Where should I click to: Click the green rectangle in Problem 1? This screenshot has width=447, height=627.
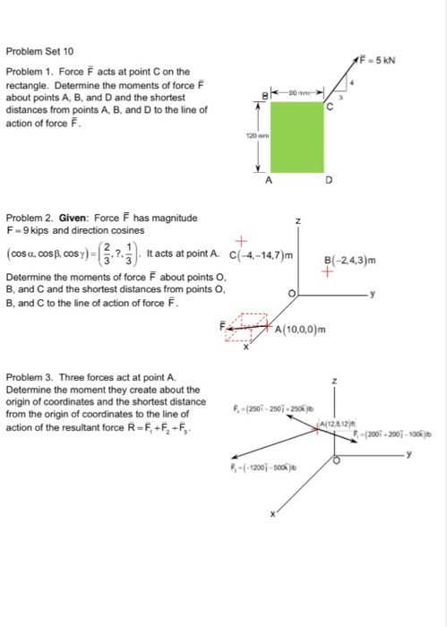(294, 134)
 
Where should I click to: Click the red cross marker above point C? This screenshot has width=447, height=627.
(241, 239)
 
